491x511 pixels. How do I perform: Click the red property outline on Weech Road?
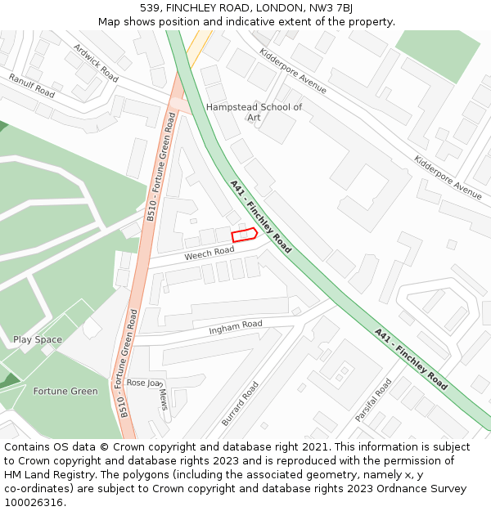[244, 235]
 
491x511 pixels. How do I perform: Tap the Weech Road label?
[209, 254]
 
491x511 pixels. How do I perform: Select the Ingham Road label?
[236, 327]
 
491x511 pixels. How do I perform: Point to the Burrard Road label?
[240, 403]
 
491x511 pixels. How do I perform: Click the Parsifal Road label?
[373, 400]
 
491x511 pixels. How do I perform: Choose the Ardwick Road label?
[96, 62]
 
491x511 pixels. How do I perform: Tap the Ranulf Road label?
[31, 86]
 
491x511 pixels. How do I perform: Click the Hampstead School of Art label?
[254, 112]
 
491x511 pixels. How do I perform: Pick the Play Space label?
[38, 339]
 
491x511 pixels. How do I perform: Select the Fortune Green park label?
[65, 391]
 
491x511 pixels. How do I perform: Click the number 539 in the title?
[149, 8]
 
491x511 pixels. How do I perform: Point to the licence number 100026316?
[34, 503]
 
